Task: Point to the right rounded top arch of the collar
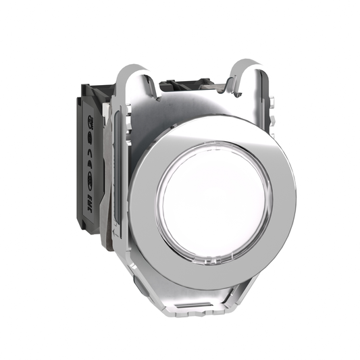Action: tap(251, 71)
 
